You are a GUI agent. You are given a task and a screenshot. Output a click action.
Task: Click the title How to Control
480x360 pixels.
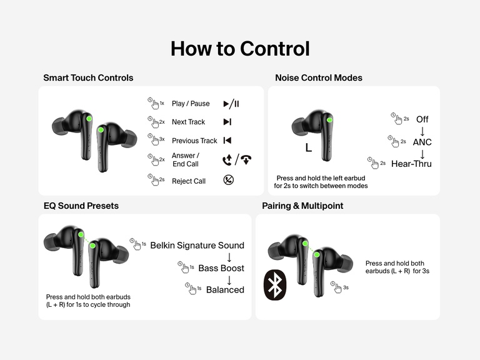pyautogui.click(x=240, y=49)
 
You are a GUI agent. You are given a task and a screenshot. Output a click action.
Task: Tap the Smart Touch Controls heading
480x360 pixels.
pyautogui.click(x=88, y=78)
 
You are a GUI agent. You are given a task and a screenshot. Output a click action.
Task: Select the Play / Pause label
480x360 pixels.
pyautogui.click(x=191, y=104)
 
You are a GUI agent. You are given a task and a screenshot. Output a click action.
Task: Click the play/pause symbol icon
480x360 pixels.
pyautogui.click(x=231, y=104)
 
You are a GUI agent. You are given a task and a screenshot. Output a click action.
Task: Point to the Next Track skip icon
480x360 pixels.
pyautogui.click(x=227, y=122)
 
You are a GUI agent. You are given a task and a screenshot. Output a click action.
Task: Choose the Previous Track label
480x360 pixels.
pyautogui.click(x=194, y=141)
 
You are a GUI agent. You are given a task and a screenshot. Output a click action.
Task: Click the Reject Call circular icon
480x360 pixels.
pyautogui.click(x=229, y=181)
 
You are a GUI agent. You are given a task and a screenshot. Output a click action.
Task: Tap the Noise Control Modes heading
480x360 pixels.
pyautogui.click(x=319, y=78)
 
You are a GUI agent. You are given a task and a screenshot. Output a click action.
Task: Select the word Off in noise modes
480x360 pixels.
pyautogui.click(x=422, y=119)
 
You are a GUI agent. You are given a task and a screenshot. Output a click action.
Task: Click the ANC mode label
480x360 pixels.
pyautogui.click(x=422, y=142)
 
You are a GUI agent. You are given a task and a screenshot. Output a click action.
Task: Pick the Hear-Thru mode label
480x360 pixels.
pyautogui.click(x=411, y=164)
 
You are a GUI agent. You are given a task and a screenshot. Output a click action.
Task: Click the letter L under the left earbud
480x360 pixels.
pyautogui.click(x=308, y=148)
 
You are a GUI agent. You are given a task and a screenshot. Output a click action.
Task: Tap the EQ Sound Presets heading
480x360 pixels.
pyautogui.click(x=81, y=206)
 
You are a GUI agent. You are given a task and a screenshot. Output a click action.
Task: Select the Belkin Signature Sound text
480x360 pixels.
pyautogui.click(x=197, y=245)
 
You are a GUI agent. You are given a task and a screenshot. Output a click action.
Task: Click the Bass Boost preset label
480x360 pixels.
pyautogui.click(x=221, y=268)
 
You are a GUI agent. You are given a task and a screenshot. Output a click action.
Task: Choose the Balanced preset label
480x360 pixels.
pyautogui.click(x=225, y=290)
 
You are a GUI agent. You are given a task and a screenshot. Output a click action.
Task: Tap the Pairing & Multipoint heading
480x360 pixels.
pyautogui.click(x=302, y=206)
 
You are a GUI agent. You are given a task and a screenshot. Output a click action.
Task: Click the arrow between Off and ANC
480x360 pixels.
pyautogui.click(x=422, y=131)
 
